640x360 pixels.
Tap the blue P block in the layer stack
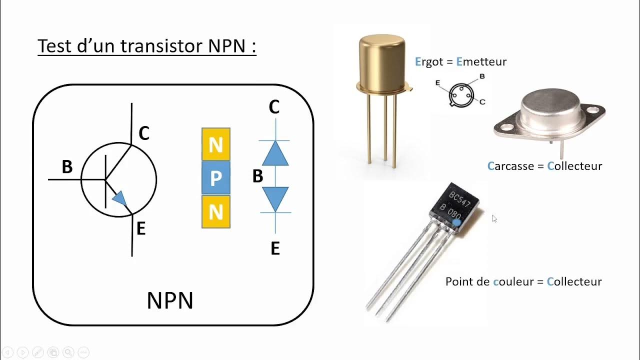[x=216, y=178]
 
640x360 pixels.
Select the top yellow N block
[x=216, y=144]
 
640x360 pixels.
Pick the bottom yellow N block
[x=216, y=212]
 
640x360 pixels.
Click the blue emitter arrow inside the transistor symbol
[x=120, y=198]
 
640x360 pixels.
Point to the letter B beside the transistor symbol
[x=67, y=167]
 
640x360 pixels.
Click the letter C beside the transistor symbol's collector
[x=144, y=133]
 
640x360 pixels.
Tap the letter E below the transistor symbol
[x=141, y=229]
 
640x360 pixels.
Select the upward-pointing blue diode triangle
[x=275, y=153]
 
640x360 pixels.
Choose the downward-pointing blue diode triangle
[x=275, y=198]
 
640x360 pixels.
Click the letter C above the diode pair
[x=274, y=107]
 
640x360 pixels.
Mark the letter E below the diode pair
[x=275, y=248]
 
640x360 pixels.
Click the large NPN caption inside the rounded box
[x=170, y=301]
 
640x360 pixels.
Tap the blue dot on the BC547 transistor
[x=456, y=220]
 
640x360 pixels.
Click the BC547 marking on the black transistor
[x=460, y=199]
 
